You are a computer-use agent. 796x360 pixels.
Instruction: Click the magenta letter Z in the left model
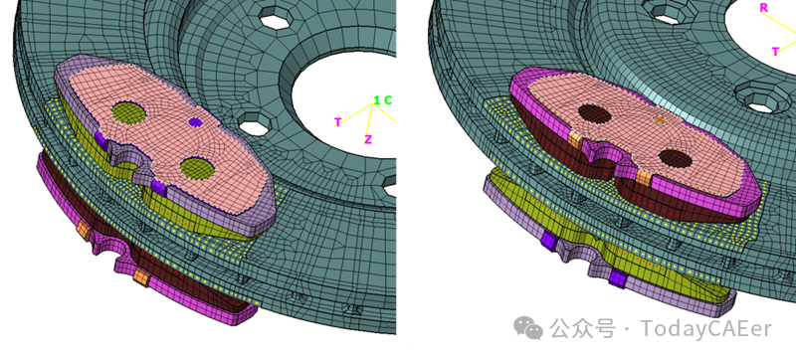point(367,139)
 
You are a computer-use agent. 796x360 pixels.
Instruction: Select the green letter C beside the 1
point(388,100)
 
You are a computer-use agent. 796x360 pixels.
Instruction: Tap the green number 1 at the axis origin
point(377,99)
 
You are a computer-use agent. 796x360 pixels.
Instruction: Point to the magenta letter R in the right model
point(763,8)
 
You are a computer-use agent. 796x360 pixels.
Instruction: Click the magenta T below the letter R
point(775,52)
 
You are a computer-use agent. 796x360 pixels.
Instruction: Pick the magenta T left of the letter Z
point(337,122)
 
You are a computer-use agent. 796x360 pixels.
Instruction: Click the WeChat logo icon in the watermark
point(528,328)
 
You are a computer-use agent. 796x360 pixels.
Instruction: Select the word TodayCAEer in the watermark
point(705,328)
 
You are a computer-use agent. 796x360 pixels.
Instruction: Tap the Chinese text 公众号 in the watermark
point(584,328)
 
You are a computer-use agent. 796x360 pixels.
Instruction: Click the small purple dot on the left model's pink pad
point(195,121)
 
